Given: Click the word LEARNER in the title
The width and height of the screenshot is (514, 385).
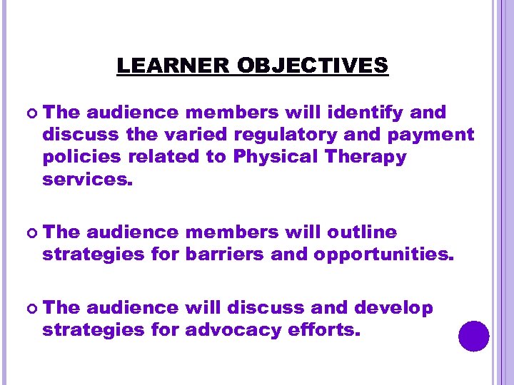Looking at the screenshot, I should (x=173, y=66).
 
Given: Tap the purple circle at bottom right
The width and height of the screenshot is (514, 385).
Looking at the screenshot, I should (x=474, y=336).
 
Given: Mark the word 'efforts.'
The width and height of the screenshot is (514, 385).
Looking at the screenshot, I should (x=326, y=331).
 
